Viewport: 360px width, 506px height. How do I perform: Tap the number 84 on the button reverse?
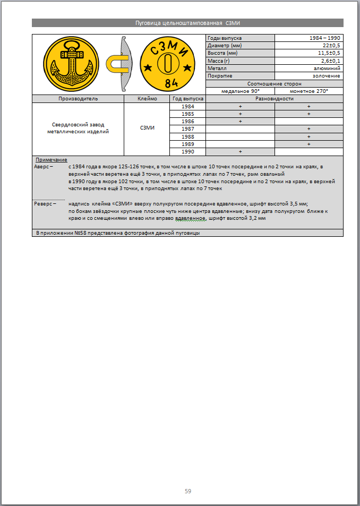pos(171,83)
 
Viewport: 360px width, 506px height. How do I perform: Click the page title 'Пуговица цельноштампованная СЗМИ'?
pos(188,23)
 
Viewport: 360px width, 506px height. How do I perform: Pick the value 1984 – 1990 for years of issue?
pos(325,38)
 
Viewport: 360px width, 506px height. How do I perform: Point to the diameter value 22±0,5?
pos(331,46)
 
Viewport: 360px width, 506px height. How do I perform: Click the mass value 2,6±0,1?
pos(331,61)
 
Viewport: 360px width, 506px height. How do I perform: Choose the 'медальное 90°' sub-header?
pos(240,91)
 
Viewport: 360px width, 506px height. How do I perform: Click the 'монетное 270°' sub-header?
pos(309,91)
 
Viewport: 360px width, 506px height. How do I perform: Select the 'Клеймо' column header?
pos(147,99)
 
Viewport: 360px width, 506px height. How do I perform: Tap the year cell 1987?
pos(187,129)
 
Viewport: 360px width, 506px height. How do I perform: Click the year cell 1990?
pos(187,152)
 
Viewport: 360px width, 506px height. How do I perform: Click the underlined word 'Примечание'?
pos(51,160)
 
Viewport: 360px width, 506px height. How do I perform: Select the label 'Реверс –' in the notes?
pos(45,203)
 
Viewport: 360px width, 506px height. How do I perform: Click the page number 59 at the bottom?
pos(188,491)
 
